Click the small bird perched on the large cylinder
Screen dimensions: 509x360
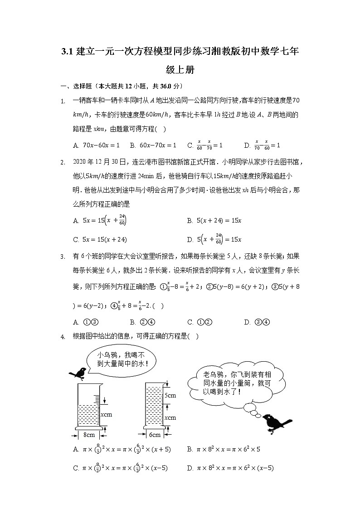click(81, 373)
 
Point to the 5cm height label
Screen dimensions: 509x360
click(170, 395)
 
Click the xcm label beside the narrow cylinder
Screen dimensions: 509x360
click(170, 417)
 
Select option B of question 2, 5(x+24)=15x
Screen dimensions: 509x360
click(214, 221)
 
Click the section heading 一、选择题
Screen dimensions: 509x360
click(77, 86)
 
